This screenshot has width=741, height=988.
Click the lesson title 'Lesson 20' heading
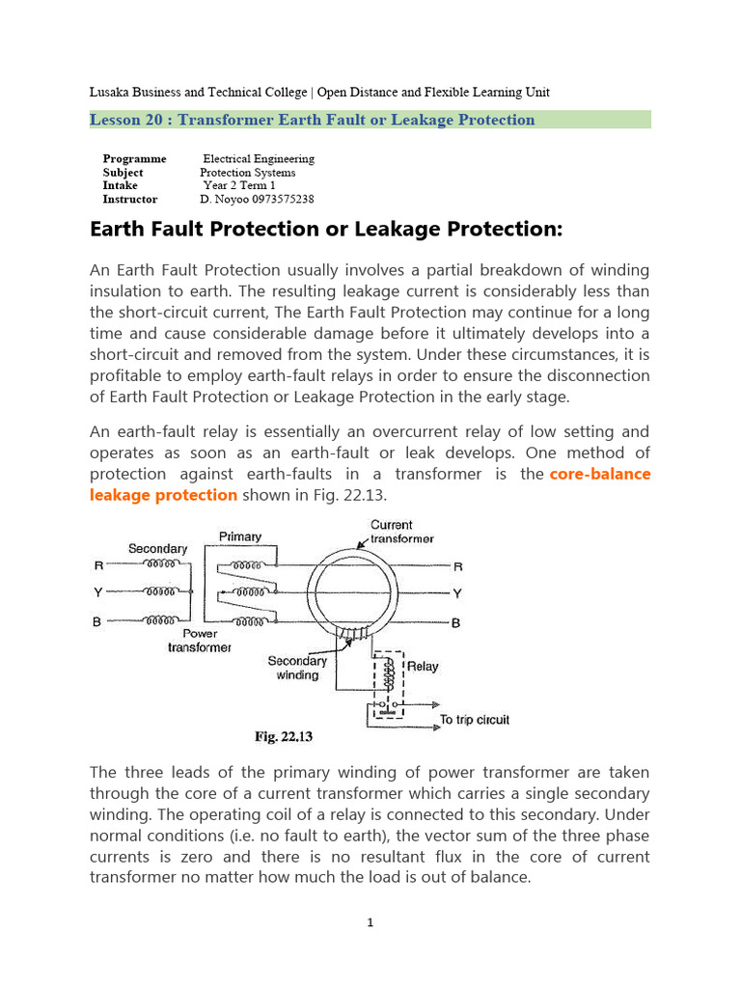click(312, 120)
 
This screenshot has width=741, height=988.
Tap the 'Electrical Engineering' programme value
click(258, 158)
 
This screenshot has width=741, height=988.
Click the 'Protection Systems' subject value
click(247, 172)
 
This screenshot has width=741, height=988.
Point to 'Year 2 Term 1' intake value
click(239, 185)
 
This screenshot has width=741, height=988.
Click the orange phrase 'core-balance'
click(600, 474)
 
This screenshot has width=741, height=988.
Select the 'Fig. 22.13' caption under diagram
click(284, 737)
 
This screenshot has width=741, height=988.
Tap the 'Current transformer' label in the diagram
click(402, 533)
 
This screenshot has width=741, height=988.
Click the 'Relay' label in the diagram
click(423, 666)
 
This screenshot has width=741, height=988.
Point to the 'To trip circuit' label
click(474, 720)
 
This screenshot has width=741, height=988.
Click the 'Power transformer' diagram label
click(200, 642)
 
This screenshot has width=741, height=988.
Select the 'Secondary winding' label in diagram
click(297, 668)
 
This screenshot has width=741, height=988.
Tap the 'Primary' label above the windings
click(240, 536)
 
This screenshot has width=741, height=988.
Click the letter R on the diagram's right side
click(458, 567)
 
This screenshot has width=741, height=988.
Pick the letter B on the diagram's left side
click(96, 622)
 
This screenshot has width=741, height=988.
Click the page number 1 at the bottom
click(370, 923)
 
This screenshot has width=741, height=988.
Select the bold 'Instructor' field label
click(130, 199)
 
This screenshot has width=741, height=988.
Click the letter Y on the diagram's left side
click(96, 593)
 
